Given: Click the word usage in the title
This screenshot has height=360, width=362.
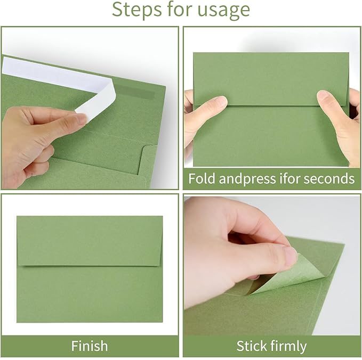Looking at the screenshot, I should coord(223,10).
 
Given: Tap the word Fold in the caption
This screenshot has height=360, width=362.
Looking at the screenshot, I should coord(203,178).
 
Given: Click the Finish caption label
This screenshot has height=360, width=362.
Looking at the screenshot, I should coord(90,346).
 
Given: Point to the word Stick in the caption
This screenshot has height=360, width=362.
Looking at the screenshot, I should coord(252,346).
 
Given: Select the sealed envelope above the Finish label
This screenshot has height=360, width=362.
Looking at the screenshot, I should coord(90,269).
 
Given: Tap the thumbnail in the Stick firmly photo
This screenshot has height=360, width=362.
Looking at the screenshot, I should coord(290,256).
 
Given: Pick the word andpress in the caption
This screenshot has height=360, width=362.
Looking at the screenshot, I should coord(248,178).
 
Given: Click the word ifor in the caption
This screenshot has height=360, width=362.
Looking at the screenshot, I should coord(289,178).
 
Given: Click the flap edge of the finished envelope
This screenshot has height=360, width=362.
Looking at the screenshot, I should coord(90,265).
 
